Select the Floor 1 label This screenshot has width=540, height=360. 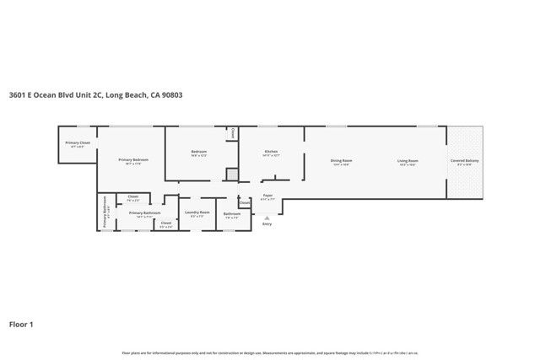(x=22, y=324)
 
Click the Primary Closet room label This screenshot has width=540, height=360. (x=78, y=142)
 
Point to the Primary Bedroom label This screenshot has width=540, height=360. (x=133, y=160)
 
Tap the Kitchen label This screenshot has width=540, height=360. (x=270, y=152)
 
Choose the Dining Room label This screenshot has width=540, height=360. (x=341, y=160)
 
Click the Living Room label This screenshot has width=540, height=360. (x=408, y=160)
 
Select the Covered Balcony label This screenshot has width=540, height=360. (x=464, y=160)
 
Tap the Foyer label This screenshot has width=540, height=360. (x=267, y=196)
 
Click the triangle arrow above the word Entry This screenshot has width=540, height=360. (x=267, y=217)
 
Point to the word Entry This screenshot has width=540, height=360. (x=267, y=224)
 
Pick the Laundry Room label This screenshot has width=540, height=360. (x=198, y=213)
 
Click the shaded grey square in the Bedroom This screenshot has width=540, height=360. (x=231, y=174)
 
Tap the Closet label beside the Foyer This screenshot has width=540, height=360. (x=245, y=202)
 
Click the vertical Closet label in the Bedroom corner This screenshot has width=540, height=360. (x=232, y=133)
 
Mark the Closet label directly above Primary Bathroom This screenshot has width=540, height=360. (x=133, y=196)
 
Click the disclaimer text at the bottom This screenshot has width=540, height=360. (x=270, y=352)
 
